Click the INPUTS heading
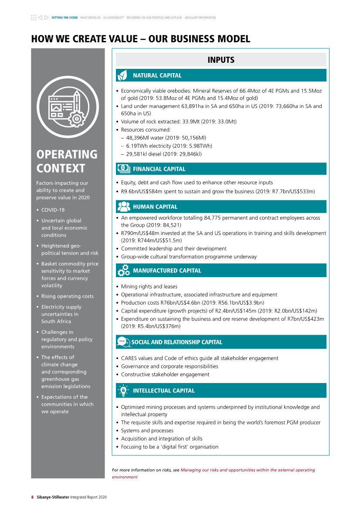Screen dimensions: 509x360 point(221,60)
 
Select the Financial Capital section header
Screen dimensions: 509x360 point(159,169)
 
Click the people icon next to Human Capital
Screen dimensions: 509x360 point(123,207)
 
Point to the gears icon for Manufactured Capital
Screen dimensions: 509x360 point(123,271)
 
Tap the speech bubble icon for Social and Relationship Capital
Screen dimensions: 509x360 point(123,342)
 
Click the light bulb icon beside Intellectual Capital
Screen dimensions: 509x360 point(123,390)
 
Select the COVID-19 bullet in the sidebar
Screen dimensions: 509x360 point(53,210)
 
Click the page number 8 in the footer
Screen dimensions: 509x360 point(32,497)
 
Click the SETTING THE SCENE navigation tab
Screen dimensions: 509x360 point(65,18)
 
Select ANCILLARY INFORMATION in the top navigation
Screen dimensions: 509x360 point(200,18)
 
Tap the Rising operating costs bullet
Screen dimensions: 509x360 point(67,296)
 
